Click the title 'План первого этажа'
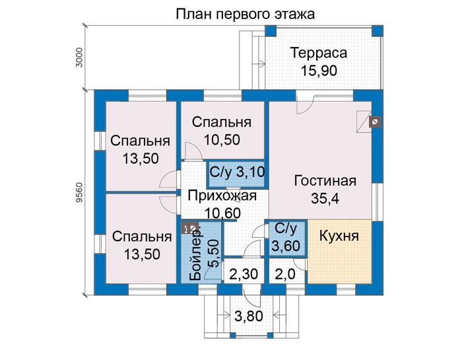(x=245, y=14)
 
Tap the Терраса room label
(x=319, y=53)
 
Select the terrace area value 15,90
(x=319, y=71)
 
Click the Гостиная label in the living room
(x=325, y=181)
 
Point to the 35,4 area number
(x=325, y=198)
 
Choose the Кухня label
(x=339, y=236)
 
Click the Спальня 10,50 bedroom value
(x=222, y=140)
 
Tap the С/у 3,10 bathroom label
(x=237, y=172)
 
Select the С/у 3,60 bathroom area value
(x=286, y=245)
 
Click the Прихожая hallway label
(x=222, y=196)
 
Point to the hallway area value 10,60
(x=222, y=213)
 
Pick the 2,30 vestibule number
(x=244, y=274)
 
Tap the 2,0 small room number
(x=285, y=274)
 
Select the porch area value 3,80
(x=249, y=316)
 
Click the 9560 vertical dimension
(x=79, y=192)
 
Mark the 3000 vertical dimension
(x=79, y=57)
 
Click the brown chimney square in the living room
(x=375, y=122)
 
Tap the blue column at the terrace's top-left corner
(x=271, y=31)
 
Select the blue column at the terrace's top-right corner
(x=378, y=31)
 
